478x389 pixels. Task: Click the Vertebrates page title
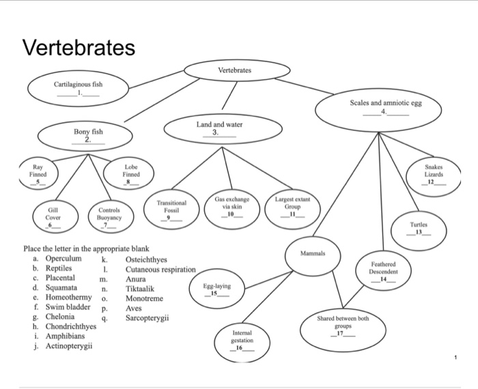tap(79, 48)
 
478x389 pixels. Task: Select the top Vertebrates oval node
tap(234, 70)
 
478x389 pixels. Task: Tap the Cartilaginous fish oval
tap(79, 88)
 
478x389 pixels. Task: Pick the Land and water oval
tap(219, 129)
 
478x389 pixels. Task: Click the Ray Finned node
tap(38, 174)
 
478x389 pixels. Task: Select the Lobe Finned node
tap(131, 174)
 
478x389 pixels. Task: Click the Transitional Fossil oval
tap(171, 207)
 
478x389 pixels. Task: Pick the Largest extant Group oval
tap(293, 204)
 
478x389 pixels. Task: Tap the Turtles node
tap(419, 228)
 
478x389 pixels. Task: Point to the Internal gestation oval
tap(242, 340)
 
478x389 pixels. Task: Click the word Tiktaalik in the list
tap(144, 289)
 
